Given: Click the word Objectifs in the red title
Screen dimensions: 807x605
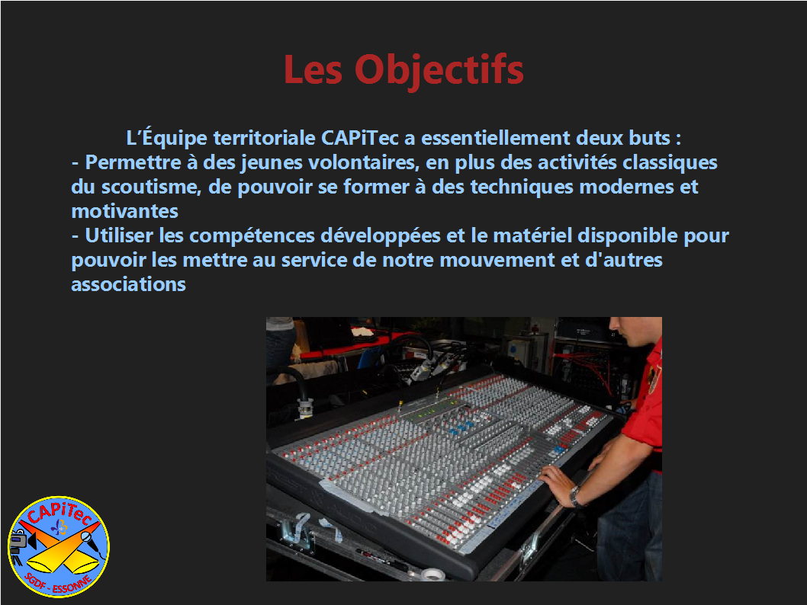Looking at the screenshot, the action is [439, 70].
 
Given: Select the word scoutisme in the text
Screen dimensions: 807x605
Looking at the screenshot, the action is [150, 187].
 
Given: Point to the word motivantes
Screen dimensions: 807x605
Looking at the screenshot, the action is [124, 211].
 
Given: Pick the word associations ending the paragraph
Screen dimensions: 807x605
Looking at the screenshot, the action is [128, 284].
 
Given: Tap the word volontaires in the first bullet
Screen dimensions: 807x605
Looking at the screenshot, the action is [362, 162].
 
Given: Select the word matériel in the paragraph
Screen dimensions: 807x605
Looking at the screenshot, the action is [532, 235].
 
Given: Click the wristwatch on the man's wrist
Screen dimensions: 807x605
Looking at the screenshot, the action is [575, 497].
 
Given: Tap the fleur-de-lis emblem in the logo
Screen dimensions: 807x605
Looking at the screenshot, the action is [59, 527].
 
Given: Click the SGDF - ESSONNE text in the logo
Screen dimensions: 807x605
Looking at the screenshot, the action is [59, 584].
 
